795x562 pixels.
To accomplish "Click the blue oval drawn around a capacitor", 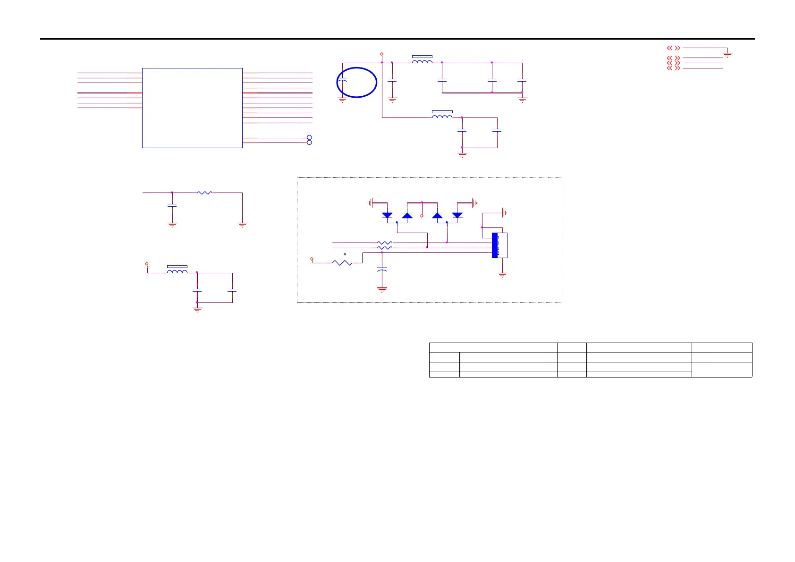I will (x=357, y=83).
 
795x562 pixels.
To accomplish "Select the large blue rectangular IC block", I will (x=192, y=108).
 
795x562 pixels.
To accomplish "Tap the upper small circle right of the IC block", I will (x=310, y=137).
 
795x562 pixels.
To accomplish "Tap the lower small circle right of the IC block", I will (x=310, y=143).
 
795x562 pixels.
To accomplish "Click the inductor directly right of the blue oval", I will (x=422, y=61).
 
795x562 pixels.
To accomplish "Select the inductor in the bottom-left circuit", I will (x=177, y=271).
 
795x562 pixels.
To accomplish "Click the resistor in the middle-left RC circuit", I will (x=204, y=193).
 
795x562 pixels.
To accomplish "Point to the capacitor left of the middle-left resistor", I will (x=172, y=205).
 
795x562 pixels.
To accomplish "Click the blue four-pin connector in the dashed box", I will (x=495, y=245).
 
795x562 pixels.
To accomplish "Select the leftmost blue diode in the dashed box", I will (x=387, y=215).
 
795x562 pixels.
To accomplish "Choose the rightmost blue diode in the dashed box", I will (x=457, y=215).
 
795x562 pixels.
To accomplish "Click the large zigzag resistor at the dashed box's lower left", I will (x=342, y=262).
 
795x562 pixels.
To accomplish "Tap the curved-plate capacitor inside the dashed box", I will (x=382, y=269).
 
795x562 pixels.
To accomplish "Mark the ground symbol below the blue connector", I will (x=503, y=275).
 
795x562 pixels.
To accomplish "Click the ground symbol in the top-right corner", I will (x=727, y=55).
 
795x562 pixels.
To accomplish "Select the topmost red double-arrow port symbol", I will (x=674, y=48).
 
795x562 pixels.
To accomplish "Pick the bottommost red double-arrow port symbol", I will (x=674, y=68).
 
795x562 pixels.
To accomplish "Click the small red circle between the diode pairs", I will (x=422, y=215).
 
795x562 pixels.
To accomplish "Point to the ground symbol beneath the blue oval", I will (x=342, y=100).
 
